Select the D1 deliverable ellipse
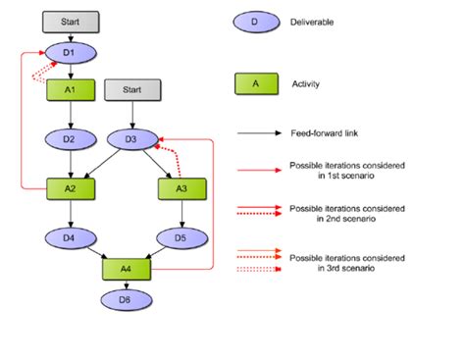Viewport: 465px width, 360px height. click(68, 52)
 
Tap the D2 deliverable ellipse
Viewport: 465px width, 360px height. click(68, 138)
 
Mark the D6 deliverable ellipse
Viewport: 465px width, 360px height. click(124, 297)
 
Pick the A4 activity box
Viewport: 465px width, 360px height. click(124, 266)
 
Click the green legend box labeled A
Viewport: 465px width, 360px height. click(254, 85)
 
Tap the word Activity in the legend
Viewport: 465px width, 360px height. click(306, 85)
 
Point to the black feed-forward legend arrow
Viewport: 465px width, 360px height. click(257, 134)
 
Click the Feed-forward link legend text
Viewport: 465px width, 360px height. click(324, 134)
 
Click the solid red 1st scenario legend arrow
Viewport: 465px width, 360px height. click(257, 170)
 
